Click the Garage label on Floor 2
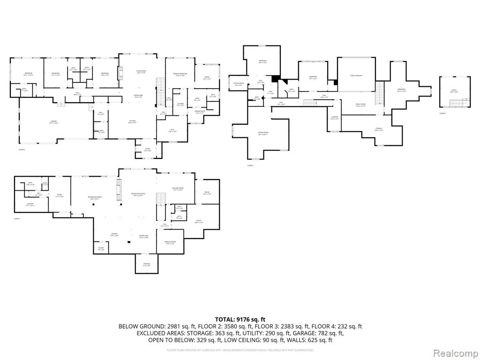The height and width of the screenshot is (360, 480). tap(54, 121)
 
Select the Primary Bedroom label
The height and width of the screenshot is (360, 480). tap(180, 74)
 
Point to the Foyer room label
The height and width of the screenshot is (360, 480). tap(147, 149)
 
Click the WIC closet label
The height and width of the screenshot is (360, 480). tap(172, 131)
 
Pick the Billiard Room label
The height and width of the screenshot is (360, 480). tap(178, 188)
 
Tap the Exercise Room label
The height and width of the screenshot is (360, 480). tap(170, 242)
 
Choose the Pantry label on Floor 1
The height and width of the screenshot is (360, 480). tap(101, 249)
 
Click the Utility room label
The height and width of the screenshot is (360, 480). tap(198, 221)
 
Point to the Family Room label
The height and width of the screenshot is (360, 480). tap(360, 105)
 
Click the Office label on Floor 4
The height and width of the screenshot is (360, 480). tap(454, 90)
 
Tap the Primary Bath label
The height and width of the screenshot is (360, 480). tap(199, 112)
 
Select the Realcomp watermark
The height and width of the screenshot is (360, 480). tap(455, 352)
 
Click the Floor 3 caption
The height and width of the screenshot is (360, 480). tap(250, 165)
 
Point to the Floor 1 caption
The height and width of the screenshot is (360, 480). tap(17, 219)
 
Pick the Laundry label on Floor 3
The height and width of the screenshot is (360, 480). tap(334, 118)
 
